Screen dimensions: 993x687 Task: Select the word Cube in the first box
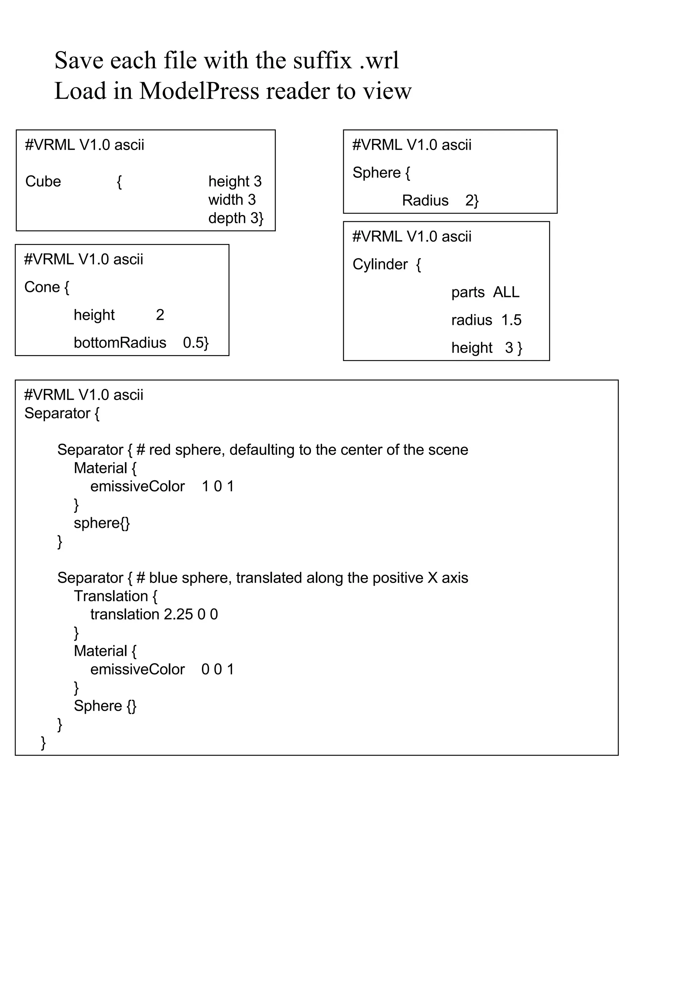[x=43, y=181]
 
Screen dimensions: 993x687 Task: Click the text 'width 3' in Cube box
[x=232, y=200]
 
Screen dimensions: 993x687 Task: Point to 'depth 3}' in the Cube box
[x=235, y=218]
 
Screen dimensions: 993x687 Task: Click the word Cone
[x=42, y=287]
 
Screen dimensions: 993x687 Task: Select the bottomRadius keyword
[x=120, y=343]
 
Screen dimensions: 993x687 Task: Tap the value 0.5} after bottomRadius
[x=196, y=343]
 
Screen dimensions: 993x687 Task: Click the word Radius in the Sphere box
[x=425, y=200]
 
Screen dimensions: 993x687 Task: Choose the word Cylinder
[x=380, y=264]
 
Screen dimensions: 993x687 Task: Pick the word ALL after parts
[x=506, y=292]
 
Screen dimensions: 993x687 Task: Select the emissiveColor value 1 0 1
[x=218, y=486]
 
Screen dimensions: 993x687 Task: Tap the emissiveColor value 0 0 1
[x=217, y=669]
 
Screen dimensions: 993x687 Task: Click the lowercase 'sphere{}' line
[x=102, y=523]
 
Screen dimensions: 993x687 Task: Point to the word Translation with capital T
[x=111, y=596]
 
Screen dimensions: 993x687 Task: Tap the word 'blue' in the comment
[x=163, y=578]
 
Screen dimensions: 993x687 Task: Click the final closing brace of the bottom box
[x=43, y=743]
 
